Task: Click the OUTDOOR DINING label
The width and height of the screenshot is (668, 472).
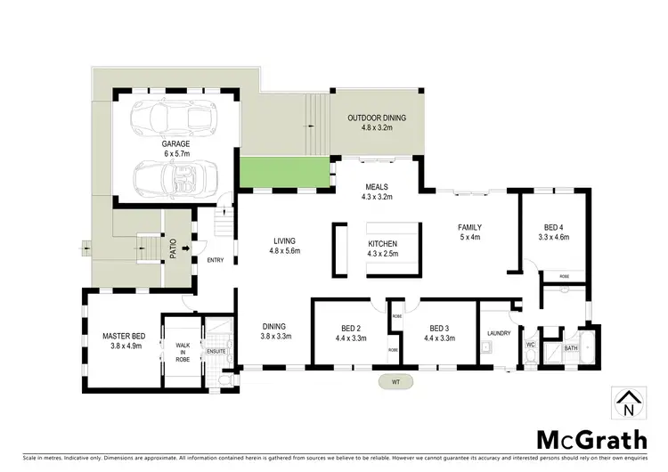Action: (377, 118)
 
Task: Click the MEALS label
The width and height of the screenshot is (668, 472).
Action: (377, 187)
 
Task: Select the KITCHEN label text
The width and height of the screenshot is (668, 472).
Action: (383, 244)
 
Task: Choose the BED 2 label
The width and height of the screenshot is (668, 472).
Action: (350, 328)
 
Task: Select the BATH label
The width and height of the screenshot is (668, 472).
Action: (571, 348)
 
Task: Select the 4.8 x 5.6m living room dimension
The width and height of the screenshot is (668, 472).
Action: (285, 251)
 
